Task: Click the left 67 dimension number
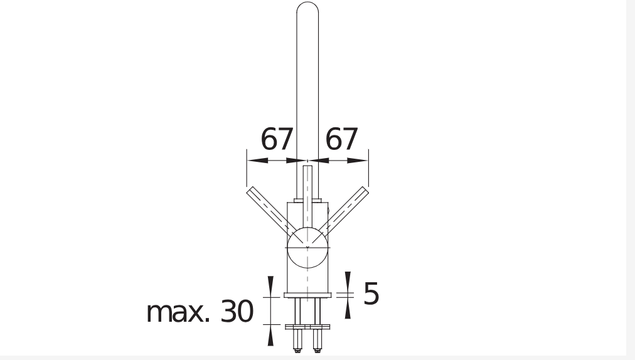point(276,139)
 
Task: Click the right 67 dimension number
point(341,139)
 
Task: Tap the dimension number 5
point(371,293)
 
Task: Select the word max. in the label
point(178,312)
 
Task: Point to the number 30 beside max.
point(237,312)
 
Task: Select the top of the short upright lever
point(308,166)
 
